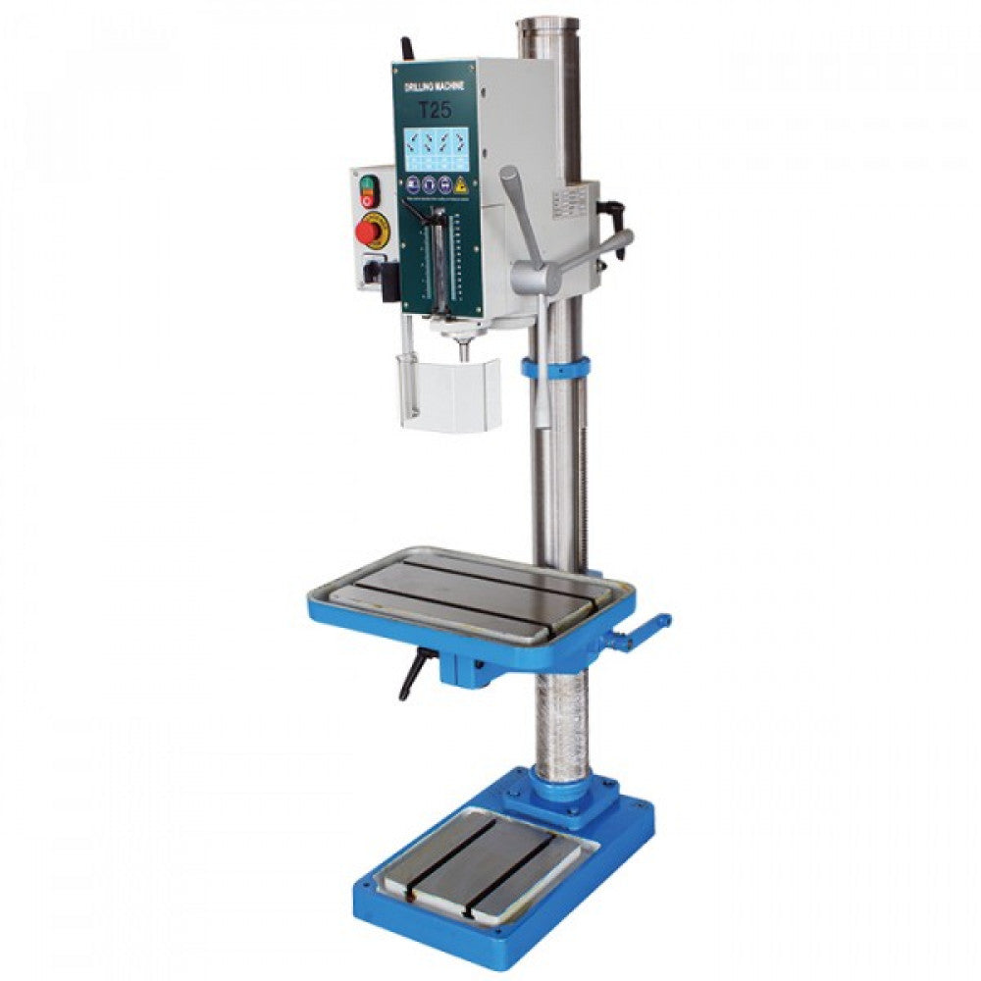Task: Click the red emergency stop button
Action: [x=369, y=232]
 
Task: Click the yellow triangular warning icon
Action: [x=459, y=184]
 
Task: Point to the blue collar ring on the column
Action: [x=555, y=369]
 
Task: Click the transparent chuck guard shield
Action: [x=449, y=393]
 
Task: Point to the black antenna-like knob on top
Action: [x=405, y=49]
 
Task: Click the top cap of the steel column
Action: [x=548, y=24]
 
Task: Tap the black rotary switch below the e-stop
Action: [x=372, y=267]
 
